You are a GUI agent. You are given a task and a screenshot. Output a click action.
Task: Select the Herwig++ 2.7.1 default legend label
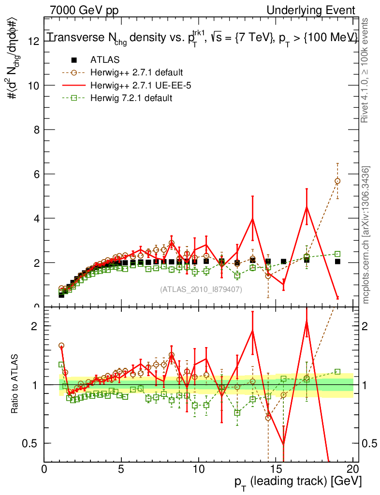136,73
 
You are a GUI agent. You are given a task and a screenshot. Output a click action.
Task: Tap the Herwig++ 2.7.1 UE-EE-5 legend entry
138,86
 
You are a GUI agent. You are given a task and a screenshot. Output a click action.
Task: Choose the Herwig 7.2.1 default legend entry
132,98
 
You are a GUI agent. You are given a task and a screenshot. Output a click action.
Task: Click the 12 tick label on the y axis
33,41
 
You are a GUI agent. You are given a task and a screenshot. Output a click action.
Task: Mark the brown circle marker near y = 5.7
337,181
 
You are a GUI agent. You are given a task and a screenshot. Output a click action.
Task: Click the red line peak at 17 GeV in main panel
307,207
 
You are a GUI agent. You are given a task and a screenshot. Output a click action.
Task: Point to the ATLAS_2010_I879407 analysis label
201,289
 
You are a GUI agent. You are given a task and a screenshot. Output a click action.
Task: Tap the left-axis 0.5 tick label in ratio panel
33,443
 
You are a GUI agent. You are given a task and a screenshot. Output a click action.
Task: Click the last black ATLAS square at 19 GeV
337,262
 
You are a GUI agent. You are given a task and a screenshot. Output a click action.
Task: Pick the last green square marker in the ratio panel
337,372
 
